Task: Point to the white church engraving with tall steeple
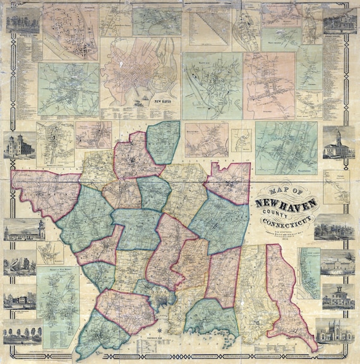point(338,144)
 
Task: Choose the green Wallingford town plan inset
point(285,147)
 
